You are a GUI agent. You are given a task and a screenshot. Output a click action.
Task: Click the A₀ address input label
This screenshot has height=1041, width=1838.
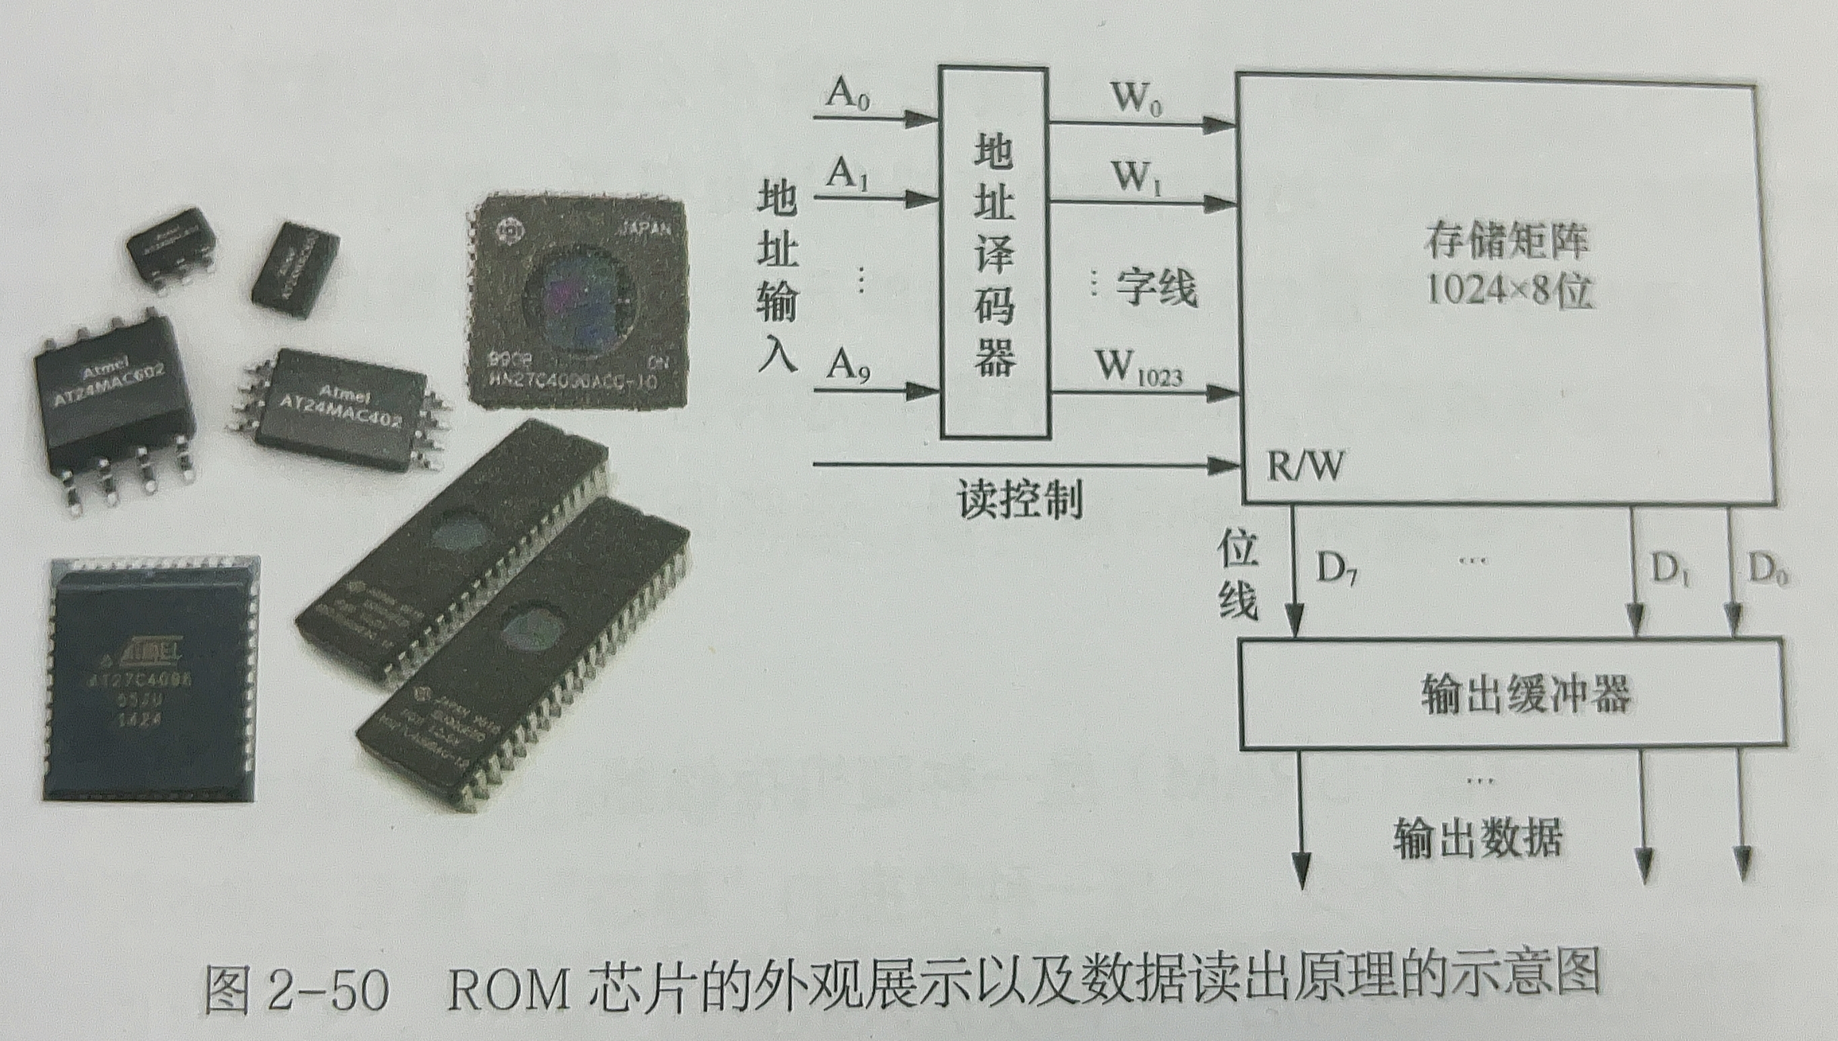coord(848,93)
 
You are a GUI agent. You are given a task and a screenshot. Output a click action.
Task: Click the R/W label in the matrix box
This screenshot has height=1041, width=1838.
coord(1304,465)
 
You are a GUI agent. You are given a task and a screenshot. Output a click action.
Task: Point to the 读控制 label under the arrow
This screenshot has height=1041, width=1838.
coord(1020,499)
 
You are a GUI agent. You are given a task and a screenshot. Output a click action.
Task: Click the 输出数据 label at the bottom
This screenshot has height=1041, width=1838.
coord(1477,837)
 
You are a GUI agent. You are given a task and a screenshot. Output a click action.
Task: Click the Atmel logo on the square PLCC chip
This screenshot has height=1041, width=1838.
coord(150,652)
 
